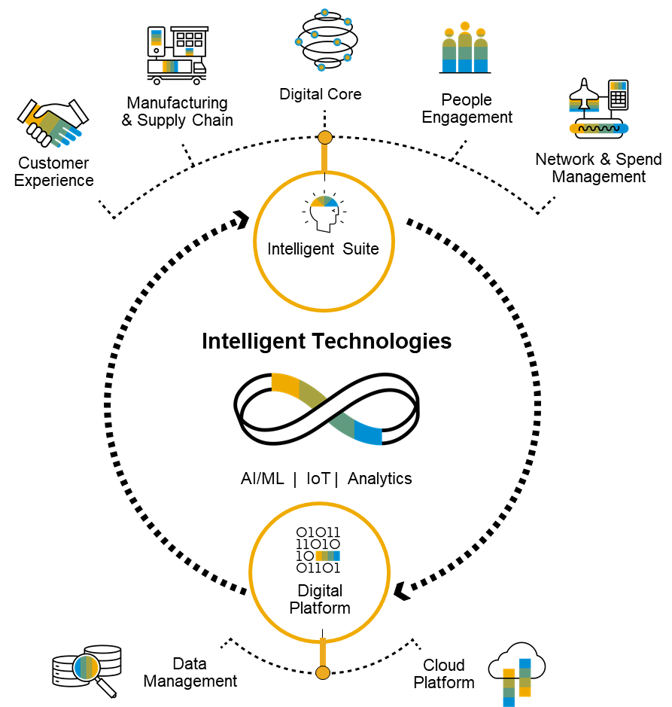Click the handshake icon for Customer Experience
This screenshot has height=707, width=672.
[53, 123]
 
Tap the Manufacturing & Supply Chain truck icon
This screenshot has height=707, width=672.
[177, 56]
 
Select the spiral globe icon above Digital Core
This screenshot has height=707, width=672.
[325, 40]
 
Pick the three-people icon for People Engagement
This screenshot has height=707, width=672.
[464, 47]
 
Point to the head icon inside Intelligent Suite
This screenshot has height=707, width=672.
[324, 212]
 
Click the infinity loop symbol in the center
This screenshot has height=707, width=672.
[327, 409]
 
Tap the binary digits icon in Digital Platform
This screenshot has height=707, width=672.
[318, 550]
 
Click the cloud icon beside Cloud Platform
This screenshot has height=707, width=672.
[517, 672]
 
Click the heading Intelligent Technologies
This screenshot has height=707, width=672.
[327, 341]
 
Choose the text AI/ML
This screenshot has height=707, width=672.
[263, 478]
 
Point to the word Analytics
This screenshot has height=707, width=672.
[379, 478]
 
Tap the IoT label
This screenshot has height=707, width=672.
[318, 478]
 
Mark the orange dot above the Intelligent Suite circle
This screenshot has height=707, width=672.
[325, 138]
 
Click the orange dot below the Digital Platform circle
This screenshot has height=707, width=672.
[323, 672]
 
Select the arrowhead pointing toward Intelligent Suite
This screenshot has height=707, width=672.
[242, 220]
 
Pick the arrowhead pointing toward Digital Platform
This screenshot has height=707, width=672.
[402, 591]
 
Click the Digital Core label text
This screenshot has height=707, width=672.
[321, 94]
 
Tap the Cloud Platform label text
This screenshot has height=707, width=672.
[444, 674]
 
